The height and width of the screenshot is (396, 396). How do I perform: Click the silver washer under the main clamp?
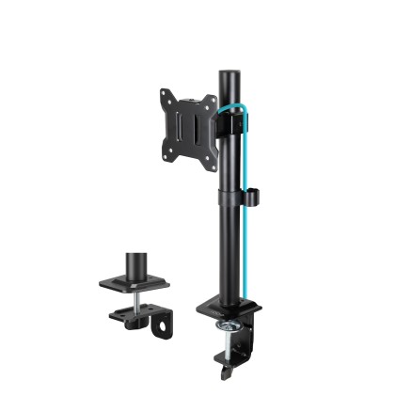pos(229,325)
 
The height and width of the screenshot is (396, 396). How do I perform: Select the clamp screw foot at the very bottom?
pos(227,371)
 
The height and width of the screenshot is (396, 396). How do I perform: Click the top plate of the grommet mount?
pos(133,281)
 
